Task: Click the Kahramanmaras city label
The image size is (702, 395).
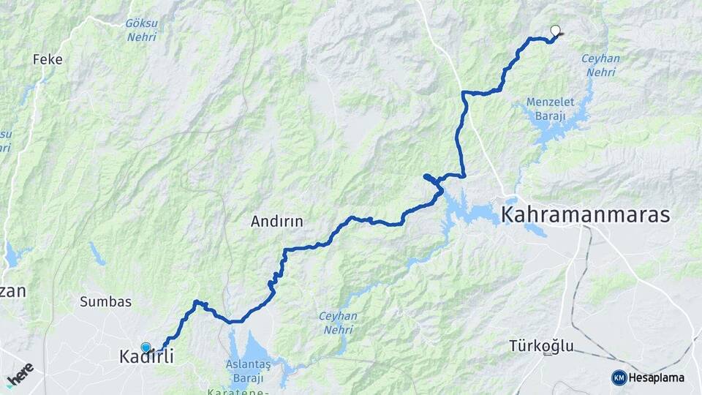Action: pos(585,214)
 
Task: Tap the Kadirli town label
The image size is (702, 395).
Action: pos(146,357)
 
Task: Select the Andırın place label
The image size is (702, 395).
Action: pos(276,220)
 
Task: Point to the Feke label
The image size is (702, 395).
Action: pos(48,59)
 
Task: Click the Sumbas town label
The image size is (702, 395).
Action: pos(105,301)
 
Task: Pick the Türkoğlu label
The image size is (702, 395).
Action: pos(542,346)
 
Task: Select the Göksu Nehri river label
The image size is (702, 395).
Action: pos(140,29)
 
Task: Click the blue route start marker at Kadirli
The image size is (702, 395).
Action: pos(146,347)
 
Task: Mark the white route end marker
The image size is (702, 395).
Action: pos(555,31)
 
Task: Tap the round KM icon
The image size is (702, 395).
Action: pos(619,377)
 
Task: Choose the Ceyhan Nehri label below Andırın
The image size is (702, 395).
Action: pos(337,322)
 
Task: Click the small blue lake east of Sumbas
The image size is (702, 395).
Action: pos(97,255)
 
